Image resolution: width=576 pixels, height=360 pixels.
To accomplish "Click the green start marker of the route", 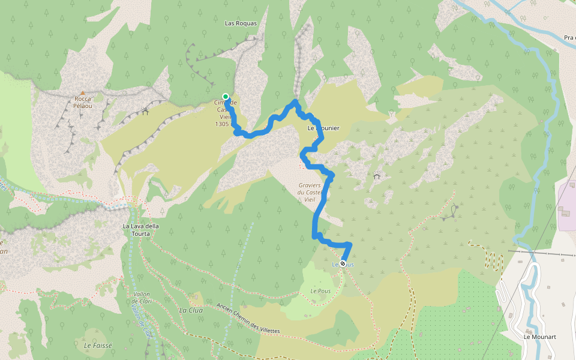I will (226, 97).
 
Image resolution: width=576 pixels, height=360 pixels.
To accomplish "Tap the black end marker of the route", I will (343, 263).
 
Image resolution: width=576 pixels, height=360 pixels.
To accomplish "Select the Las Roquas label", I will (240, 23).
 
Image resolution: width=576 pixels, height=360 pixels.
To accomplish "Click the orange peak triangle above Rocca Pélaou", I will (83, 92).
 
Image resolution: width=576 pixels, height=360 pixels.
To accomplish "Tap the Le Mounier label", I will (323, 128).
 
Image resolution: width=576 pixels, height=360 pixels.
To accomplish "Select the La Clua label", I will (191, 310).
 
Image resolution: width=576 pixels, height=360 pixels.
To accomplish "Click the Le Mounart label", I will (539, 337).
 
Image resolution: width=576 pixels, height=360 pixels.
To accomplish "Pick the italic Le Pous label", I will (322, 291).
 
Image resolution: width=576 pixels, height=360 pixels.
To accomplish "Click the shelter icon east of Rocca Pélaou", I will (145, 111).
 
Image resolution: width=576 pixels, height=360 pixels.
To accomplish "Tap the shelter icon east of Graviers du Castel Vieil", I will (376, 176).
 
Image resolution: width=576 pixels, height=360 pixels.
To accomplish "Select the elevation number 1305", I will (221, 124).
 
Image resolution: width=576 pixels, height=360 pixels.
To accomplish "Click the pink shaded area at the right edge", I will (568, 204).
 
